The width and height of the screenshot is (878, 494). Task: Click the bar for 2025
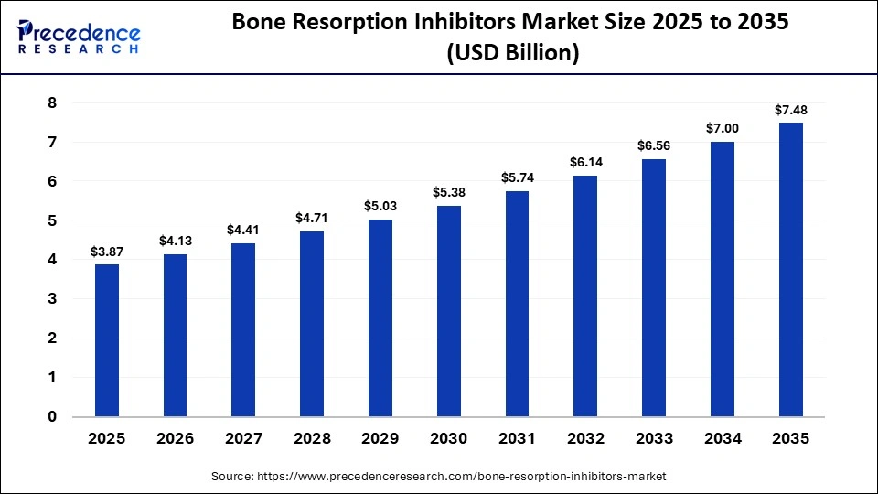(x=107, y=340)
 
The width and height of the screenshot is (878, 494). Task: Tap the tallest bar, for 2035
(x=790, y=270)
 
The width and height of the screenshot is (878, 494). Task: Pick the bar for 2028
(x=312, y=324)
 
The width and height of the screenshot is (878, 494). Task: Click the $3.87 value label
(x=107, y=252)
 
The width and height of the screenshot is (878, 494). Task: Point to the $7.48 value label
(x=790, y=111)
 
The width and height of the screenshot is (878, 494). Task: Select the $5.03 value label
(x=380, y=207)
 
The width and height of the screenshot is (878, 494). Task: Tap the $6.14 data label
(x=585, y=163)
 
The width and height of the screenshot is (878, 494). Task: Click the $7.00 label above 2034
(x=722, y=129)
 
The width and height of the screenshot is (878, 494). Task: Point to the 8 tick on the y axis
(x=52, y=103)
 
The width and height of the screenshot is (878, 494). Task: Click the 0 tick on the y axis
(x=52, y=416)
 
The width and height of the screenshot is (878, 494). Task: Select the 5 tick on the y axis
(x=52, y=220)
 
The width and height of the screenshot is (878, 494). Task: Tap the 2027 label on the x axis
(x=243, y=438)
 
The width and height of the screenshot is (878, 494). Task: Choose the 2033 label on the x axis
(x=654, y=438)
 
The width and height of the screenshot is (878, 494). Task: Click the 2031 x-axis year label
(x=517, y=438)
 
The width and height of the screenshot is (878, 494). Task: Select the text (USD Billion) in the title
(x=512, y=54)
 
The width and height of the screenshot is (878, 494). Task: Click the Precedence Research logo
(x=79, y=37)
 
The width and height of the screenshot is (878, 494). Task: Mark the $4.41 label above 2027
(x=243, y=231)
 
